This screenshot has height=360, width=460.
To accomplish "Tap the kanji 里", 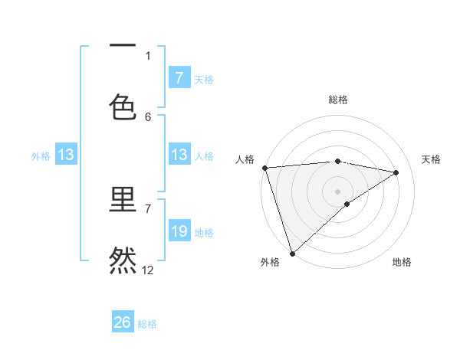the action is (123, 201).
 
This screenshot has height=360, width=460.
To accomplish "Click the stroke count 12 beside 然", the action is (148, 270).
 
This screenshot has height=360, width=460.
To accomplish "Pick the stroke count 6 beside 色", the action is (148, 116).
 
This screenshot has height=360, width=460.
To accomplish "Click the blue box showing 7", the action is (179, 78).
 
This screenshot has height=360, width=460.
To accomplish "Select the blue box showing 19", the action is (179, 231).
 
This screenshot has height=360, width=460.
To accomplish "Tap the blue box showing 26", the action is (123, 322).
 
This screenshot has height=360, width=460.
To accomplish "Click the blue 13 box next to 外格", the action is (66, 155).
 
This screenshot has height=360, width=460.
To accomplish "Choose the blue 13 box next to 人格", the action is (179, 155).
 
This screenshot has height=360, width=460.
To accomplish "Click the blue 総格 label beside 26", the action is (147, 324).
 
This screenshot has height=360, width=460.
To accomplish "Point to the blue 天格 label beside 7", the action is (203, 79).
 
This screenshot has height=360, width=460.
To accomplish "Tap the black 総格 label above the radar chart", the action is (337, 100).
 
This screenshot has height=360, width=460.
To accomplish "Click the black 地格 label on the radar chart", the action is (402, 262).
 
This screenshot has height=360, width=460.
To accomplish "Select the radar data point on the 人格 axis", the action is (264, 168).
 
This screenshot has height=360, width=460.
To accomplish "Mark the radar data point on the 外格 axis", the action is (292, 253).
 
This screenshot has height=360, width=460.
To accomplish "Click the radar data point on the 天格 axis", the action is (396, 172).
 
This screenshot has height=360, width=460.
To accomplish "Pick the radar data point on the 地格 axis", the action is (347, 204).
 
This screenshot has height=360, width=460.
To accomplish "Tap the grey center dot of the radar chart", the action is (337, 191).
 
